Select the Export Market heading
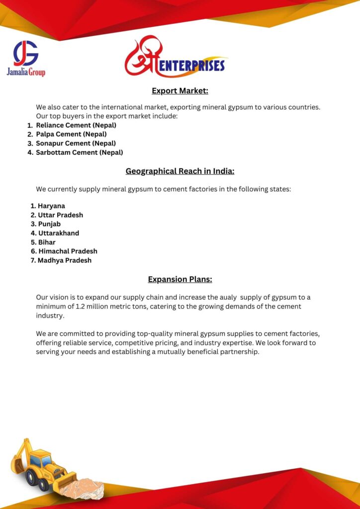coord(180,90)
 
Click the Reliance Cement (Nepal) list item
coord(76,125)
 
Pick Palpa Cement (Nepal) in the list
coord(71,134)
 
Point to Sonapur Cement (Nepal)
coord(76,143)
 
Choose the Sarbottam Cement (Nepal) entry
coord(79,153)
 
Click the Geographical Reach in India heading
coord(180,171)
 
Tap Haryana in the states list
coord(51,206)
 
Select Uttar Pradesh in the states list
coord(60,215)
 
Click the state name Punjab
coord(49,224)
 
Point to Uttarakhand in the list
coord(58,233)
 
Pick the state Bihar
coord(47,242)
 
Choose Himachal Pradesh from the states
coord(68,251)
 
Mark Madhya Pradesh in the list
coord(65,260)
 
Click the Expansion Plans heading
coord(180,279)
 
